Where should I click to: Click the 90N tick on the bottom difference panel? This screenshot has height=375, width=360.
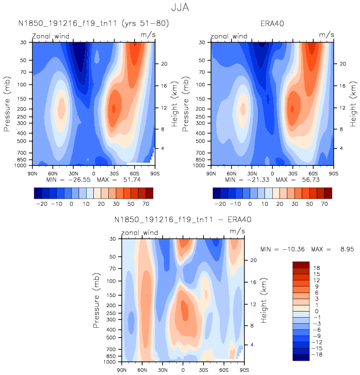122,369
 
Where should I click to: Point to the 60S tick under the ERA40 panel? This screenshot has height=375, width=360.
313,174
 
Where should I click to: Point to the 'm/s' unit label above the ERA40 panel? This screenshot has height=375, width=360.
327,34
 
